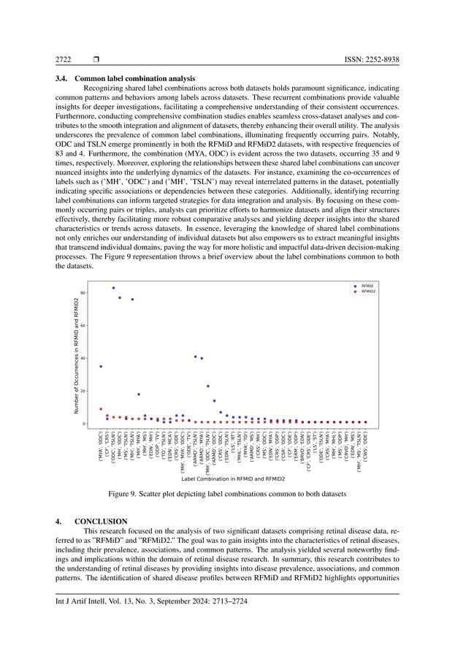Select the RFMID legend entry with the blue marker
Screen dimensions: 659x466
coord(367,286)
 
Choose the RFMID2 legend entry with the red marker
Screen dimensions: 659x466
coord(369,292)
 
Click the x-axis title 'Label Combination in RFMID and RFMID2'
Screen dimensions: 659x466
coord(233,479)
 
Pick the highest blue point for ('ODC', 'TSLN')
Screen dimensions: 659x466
coord(113,288)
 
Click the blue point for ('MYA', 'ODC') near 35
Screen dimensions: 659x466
coord(101,366)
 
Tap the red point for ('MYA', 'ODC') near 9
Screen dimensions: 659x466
coord(101,409)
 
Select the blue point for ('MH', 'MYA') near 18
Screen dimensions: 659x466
coord(139,395)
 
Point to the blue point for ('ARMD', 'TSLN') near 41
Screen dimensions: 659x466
coord(195,357)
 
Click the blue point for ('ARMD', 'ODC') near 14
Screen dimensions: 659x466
coord(214,400)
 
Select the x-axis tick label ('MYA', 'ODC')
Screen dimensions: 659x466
coord(101,447)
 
